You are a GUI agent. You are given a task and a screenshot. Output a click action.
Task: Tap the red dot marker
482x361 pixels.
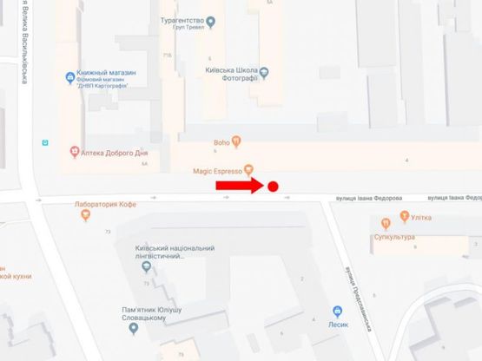click(x=273, y=187)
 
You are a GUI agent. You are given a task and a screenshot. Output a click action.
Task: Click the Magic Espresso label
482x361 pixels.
click(x=217, y=171)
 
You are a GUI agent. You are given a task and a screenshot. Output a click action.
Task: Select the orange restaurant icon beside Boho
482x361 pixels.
click(x=236, y=143)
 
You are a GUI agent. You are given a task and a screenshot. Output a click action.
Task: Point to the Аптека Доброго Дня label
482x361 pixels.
click(x=116, y=152)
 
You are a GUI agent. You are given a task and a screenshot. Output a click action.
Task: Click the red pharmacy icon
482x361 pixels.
click(x=75, y=152)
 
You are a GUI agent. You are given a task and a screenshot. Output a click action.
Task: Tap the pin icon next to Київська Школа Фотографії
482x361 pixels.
click(x=265, y=72)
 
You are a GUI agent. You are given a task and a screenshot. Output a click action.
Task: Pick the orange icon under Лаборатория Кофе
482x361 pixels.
click(x=85, y=216)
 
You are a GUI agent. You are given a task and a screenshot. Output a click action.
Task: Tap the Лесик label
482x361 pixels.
click(x=338, y=325)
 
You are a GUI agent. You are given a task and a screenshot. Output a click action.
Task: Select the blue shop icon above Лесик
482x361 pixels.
click(x=337, y=312)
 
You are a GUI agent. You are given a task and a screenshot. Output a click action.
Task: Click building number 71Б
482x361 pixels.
click(x=167, y=55)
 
